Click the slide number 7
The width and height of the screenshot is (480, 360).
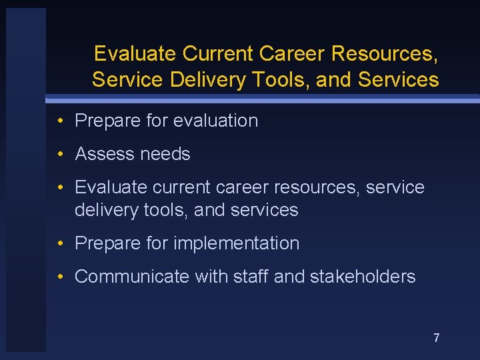tap(437, 338)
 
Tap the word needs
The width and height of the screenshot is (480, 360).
tap(164, 154)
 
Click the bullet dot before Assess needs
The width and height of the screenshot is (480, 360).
tap(61, 155)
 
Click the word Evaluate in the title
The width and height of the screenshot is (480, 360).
tap(135, 53)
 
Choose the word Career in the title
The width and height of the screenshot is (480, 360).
tap(292, 53)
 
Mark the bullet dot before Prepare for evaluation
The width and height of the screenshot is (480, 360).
tap(61, 121)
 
